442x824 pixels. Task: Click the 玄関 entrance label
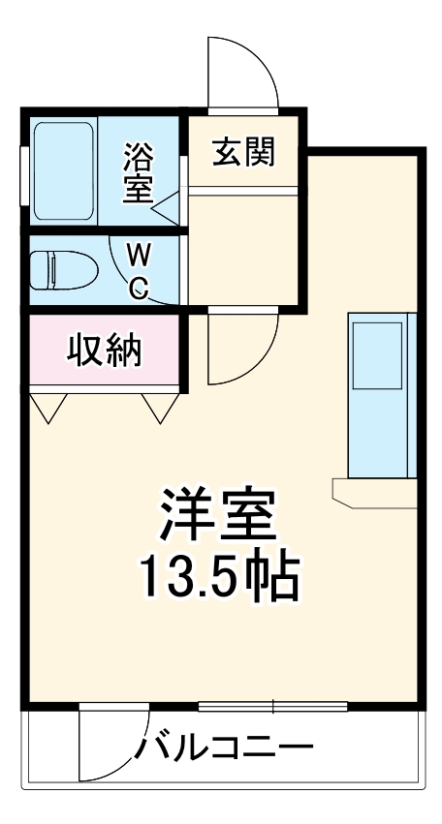243,152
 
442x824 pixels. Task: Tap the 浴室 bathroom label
138,173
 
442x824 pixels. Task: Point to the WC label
139,271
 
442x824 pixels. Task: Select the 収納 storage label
104,351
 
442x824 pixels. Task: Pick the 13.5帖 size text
218,578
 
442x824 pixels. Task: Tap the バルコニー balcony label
225,748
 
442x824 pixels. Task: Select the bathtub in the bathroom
62,170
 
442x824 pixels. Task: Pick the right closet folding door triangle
158,407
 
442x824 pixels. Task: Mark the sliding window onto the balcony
273,706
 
